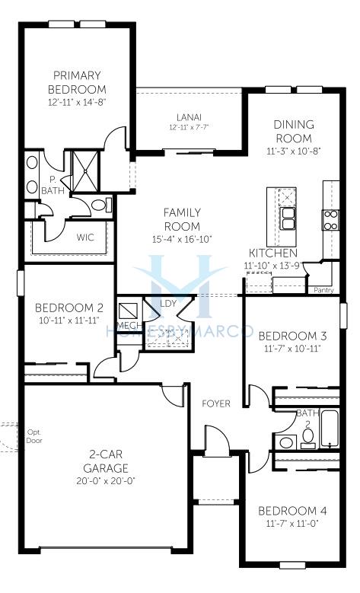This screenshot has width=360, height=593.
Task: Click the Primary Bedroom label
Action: (77, 82)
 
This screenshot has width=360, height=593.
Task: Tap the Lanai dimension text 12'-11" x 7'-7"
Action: (189, 127)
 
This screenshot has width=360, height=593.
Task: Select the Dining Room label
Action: (294, 131)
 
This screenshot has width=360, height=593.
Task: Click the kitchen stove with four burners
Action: (330, 220)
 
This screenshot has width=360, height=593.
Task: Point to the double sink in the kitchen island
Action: (287, 218)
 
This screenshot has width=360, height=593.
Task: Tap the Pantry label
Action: (323, 290)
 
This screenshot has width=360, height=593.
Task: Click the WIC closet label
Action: (85, 238)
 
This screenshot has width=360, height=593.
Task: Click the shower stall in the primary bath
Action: (85, 171)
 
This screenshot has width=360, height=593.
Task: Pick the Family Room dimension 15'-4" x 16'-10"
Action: (182, 239)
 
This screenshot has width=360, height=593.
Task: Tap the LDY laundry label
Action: (168, 303)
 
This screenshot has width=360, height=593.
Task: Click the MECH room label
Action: (129, 326)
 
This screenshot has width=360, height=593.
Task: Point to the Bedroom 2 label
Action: (68, 308)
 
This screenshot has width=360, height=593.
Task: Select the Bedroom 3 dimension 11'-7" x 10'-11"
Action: (292, 349)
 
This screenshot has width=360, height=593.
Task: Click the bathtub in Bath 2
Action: (330, 429)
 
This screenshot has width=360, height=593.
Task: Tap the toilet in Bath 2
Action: (308, 438)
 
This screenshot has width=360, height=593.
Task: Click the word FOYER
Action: (216, 403)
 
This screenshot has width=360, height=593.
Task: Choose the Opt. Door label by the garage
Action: (34, 436)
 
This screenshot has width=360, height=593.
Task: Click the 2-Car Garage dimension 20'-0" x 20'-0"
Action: (106, 481)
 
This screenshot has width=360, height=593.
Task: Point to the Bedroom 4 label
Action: (292, 511)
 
